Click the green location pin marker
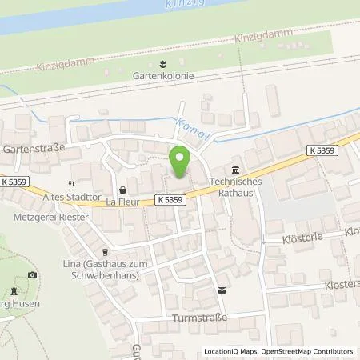tap(180, 162)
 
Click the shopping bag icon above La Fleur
tap(122, 190)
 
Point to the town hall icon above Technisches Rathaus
tap(235, 169)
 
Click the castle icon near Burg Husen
tap(15, 294)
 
